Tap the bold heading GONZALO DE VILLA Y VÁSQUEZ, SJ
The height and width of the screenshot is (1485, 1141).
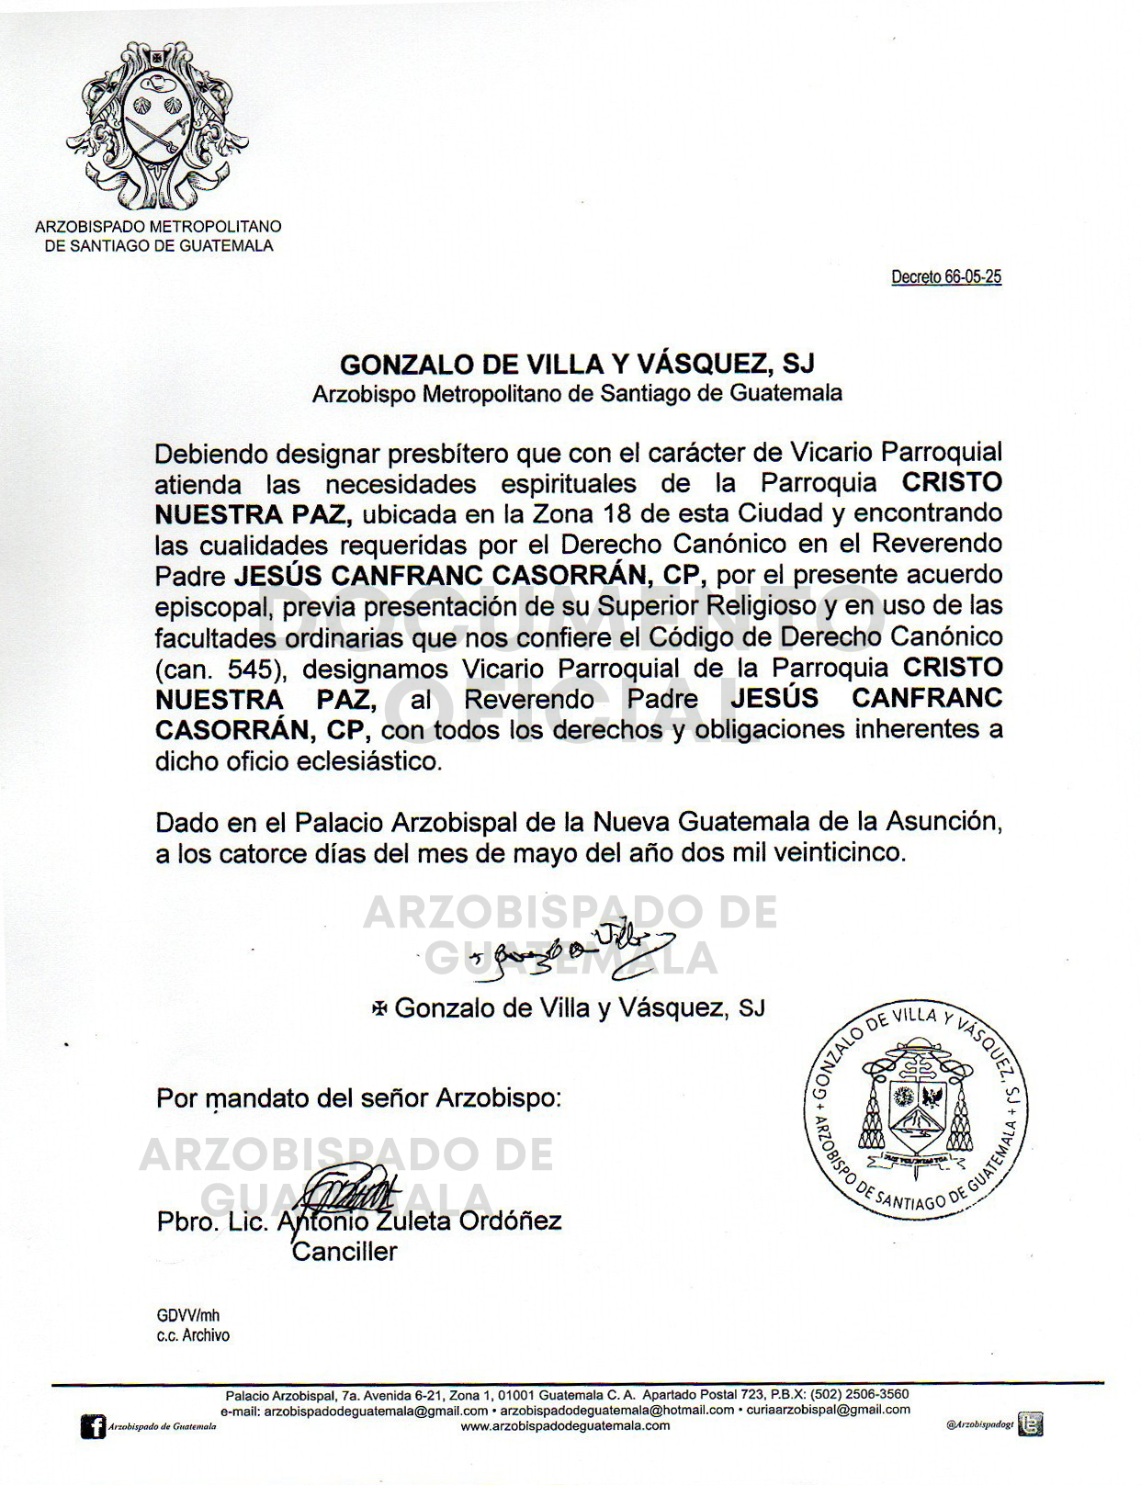pos(577,365)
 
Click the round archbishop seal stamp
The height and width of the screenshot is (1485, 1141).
pos(915,1109)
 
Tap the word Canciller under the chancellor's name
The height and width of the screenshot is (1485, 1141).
pos(345,1251)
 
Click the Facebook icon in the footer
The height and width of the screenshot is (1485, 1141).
pos(93,1426)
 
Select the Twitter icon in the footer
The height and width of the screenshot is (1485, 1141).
pos(1033,1424)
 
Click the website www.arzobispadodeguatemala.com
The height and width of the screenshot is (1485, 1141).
pos(565,1426)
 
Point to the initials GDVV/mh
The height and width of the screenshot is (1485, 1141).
pos(188,1315)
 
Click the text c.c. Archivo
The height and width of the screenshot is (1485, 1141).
pos(193,1335)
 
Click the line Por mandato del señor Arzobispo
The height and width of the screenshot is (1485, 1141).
pos(358,1097)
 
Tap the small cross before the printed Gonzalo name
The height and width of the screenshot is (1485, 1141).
pos(378,1008)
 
